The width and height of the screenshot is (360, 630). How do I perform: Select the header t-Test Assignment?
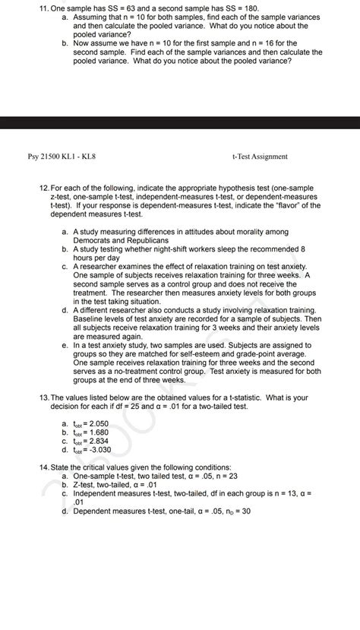point(260,157)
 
